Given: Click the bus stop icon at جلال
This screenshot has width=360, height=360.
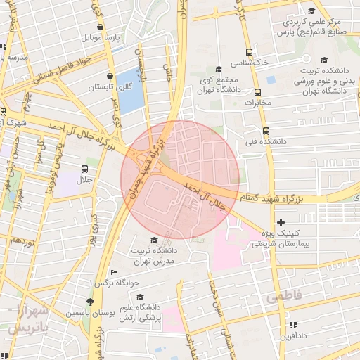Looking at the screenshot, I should tap(85, 169).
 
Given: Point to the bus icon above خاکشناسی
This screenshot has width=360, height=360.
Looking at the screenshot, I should tap(249, 52).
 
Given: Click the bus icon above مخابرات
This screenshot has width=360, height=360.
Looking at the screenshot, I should tap(257, 91).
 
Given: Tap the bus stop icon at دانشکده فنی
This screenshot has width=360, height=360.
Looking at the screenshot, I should tap(266, 130).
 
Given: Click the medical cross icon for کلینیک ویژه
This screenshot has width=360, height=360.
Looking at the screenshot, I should tap(281, 222).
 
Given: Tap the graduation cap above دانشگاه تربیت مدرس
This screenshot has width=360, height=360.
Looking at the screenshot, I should tap(154, 240).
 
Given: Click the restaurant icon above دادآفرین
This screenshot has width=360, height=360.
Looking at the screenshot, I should tap(293, 325).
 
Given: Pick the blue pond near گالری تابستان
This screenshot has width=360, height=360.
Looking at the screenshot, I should tap(129, 91).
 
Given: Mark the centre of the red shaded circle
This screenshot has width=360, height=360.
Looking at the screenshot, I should tap(180, 179).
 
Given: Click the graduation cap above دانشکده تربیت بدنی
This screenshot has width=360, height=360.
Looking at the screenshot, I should tap(324, 60).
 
